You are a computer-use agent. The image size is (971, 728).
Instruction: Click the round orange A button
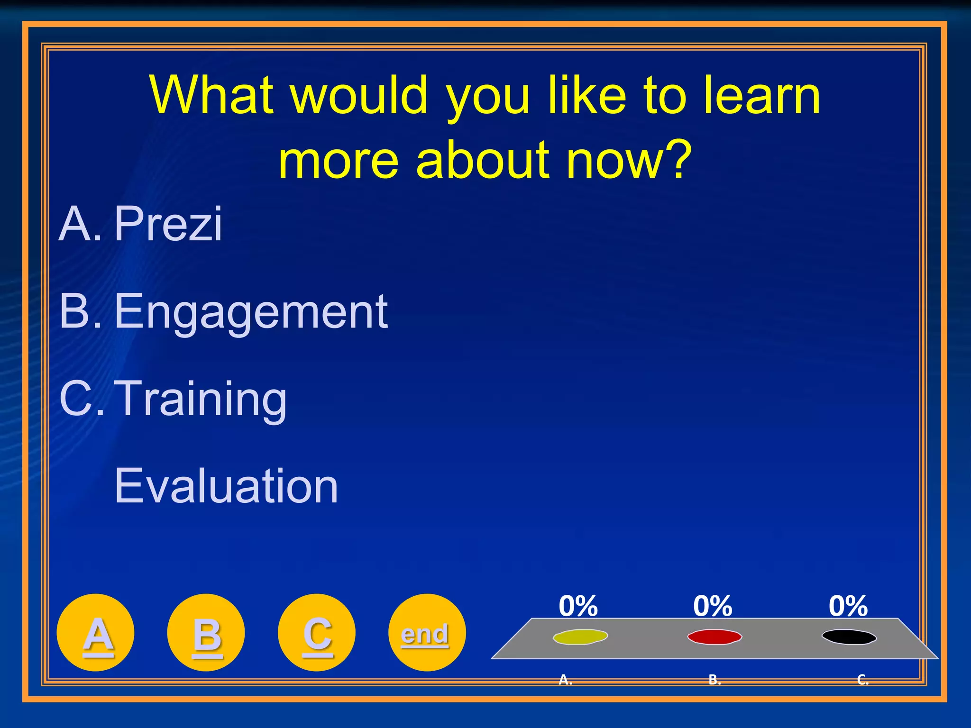[x=95, y=633]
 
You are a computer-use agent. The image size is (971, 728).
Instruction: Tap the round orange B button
[x=206, y=633]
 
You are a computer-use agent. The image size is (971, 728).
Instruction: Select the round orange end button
[x=427, y=633]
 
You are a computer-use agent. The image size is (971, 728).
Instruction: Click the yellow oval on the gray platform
[x=580, y=637]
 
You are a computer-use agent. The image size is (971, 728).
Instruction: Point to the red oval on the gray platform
[x=715, y=637]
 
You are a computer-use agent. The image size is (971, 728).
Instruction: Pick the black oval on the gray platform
[x=849, y=637]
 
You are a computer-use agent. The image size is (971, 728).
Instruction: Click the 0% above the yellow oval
[x=578, y=606]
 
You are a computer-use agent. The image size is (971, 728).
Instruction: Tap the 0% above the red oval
[x=713, y=606]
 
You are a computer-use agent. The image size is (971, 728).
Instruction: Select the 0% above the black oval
[x=848, y=606]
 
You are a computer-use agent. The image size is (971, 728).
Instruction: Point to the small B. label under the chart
[x=715, y=680]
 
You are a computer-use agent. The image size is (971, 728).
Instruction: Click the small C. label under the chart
[x=863, y=680]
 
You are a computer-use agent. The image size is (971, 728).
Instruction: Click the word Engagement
[x=251, y=311]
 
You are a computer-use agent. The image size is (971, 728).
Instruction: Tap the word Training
[x=201, y=399]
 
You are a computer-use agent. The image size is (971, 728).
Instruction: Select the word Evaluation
[x=226, y=486]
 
